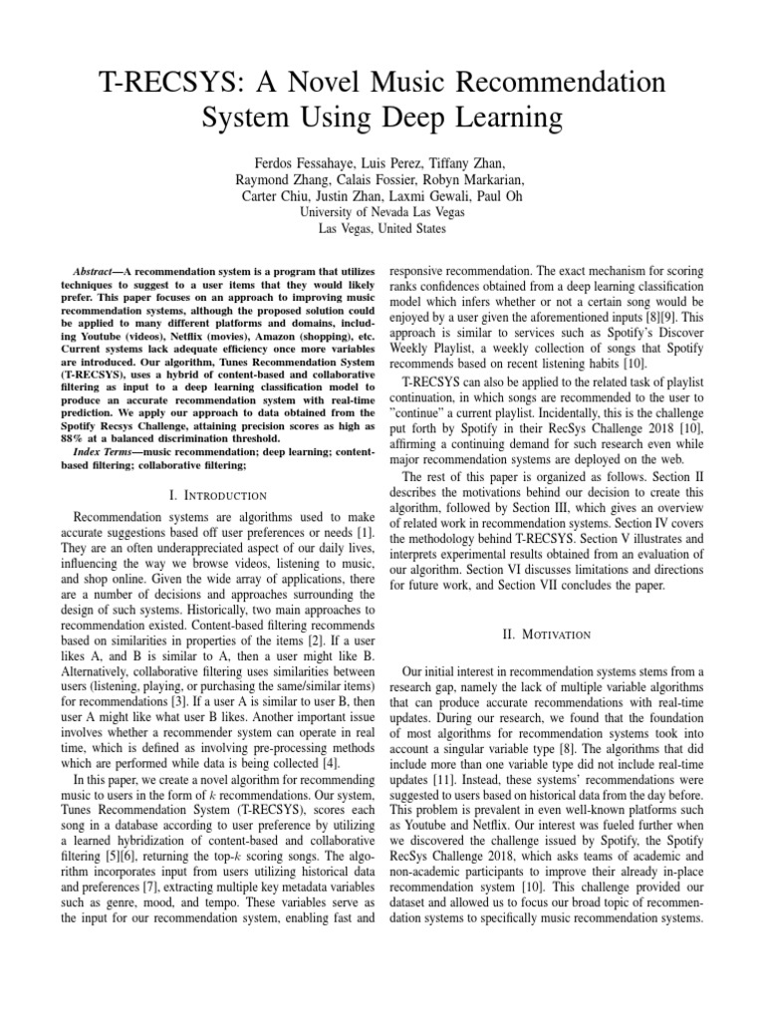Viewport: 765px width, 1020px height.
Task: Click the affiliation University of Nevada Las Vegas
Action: (382, 213)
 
